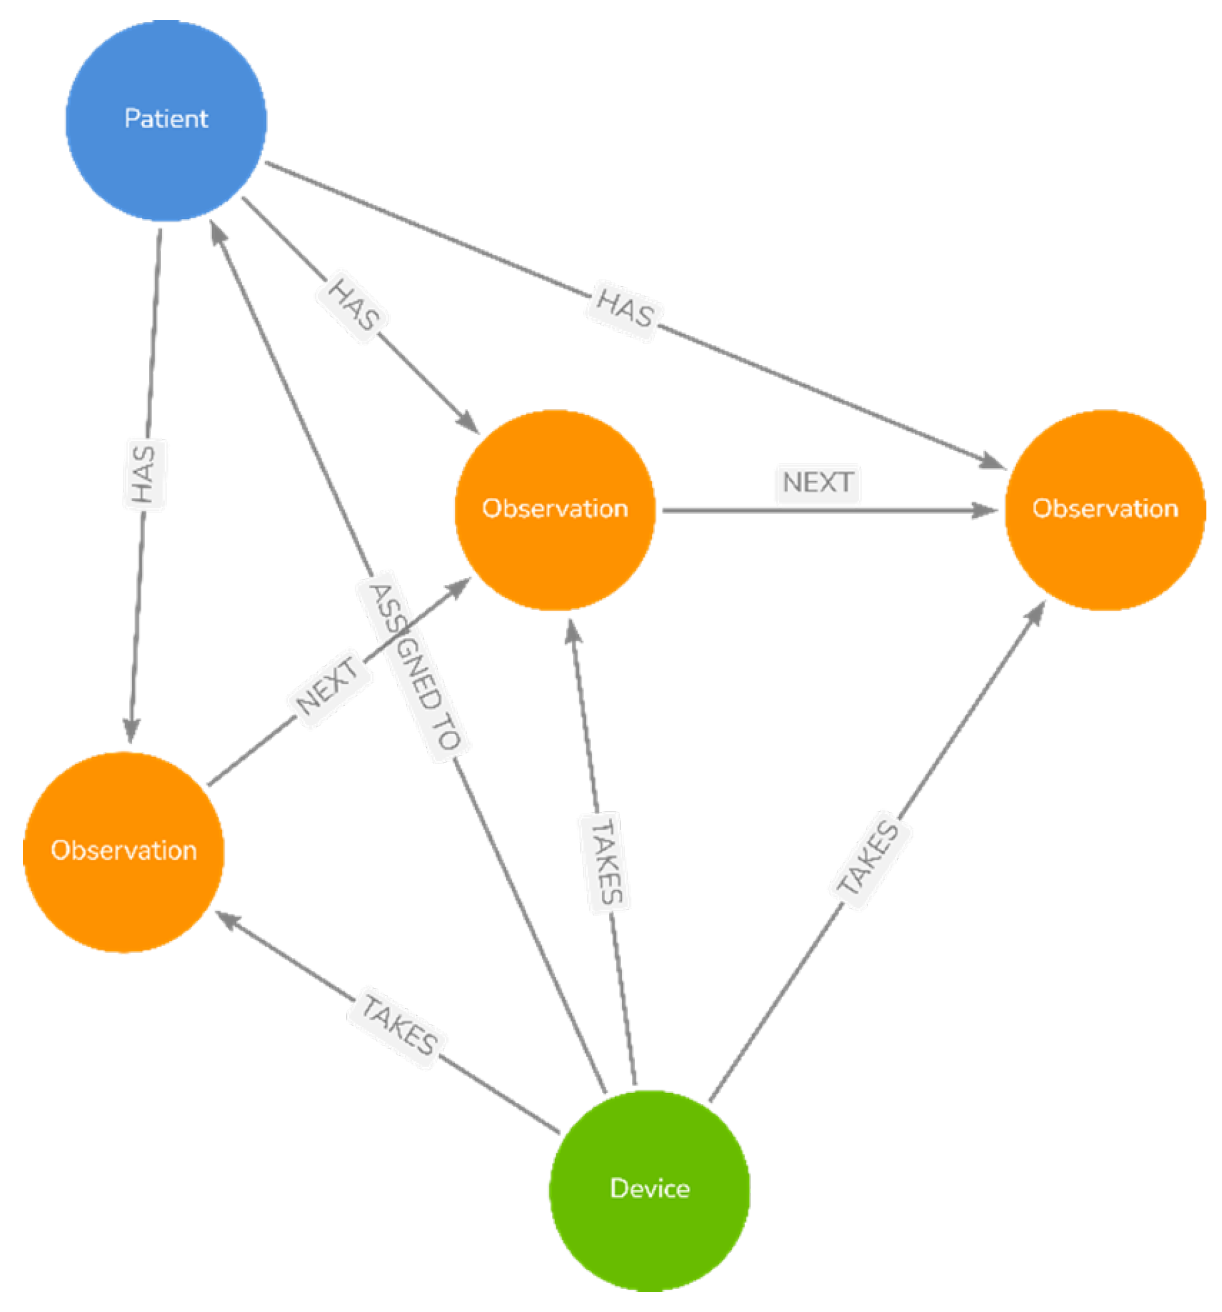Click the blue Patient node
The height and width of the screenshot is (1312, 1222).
pos(166,120)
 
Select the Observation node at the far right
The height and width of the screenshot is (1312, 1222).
pos(1104,510)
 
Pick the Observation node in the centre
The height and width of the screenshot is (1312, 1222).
pos(554,510)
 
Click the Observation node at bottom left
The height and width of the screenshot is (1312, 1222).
pos(123,852)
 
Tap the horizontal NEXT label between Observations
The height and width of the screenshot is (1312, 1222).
pos(817,482)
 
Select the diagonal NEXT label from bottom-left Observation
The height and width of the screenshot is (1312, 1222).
pos(327,686)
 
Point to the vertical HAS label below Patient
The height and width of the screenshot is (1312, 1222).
pos(144,474)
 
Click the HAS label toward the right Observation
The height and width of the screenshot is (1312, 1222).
pos(624,308)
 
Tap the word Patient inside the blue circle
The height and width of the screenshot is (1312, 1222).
pos(166,119)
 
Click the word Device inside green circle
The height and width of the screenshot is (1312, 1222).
pos(649,1189)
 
